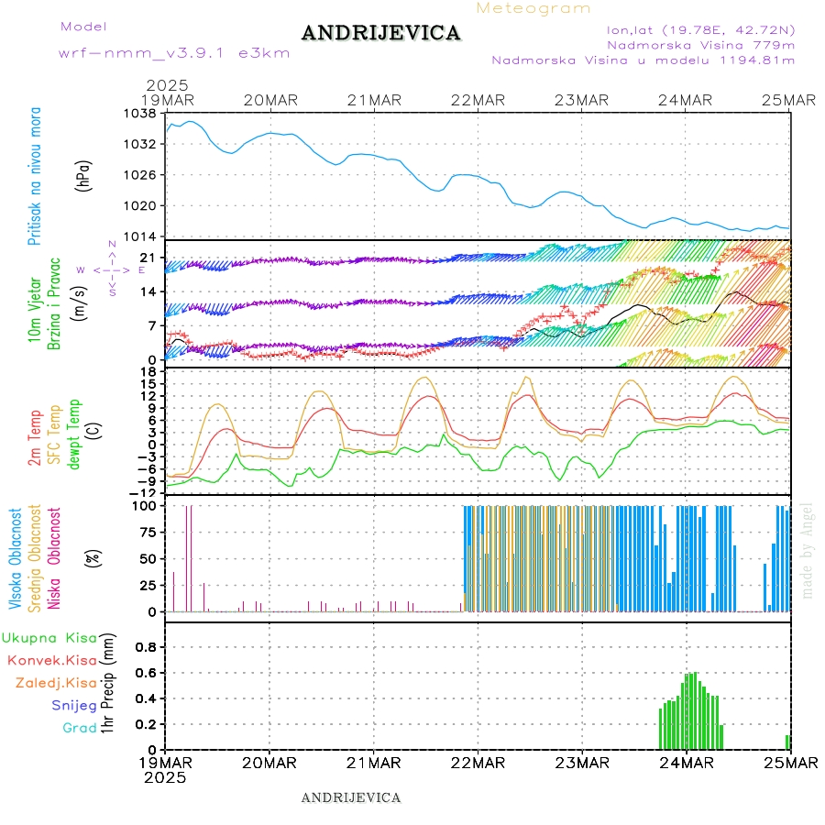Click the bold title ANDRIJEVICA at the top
tap(380, 34)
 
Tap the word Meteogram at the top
tap(534, 8)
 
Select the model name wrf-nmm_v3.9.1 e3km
tap(174, 53)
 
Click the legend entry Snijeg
tap(74, 706)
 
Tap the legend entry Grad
tap(80, 728)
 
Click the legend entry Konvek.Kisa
tap(51, 660)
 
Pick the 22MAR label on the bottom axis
tap(478, 763)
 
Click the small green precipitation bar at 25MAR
tap(786, 742)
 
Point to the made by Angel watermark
tap(808, 550)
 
